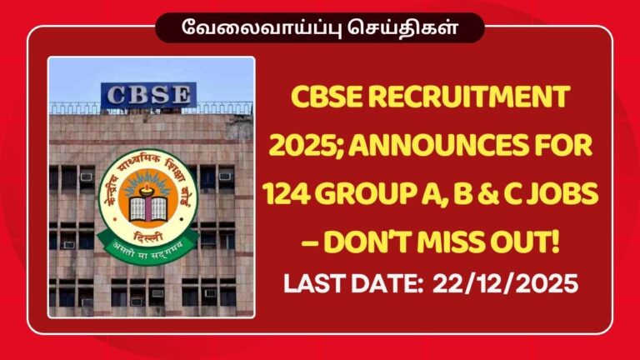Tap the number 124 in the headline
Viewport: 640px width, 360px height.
[x=287, y=193]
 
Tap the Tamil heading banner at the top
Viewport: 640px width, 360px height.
[x=320, y=25]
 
